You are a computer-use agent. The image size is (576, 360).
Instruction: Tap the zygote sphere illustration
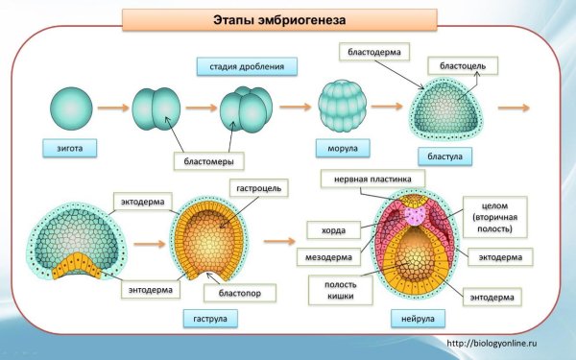68,108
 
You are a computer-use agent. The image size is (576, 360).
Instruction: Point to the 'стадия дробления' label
246,67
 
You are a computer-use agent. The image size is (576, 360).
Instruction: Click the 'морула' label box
337,149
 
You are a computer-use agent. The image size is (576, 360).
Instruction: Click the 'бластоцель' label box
462,65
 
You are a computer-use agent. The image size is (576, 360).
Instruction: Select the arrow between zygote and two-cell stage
113,108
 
